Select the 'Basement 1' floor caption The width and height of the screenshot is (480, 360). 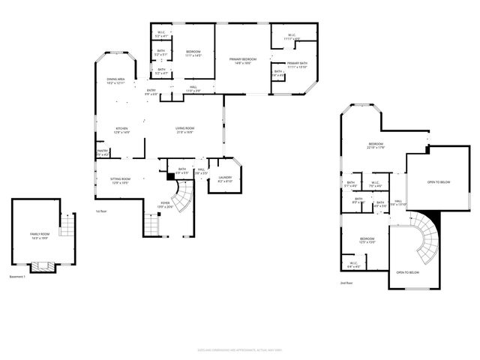pyautogui.click(x=18, y=277)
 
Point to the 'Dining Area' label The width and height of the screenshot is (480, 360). pyautogui.click(x=115, y=81)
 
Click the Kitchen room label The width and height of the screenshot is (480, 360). pyautogui.click(x=121, y=130)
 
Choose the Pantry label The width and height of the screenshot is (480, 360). pyautogui.click(x=103, y=153)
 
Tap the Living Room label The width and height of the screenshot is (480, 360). pyautogui.click(x=186, y=130)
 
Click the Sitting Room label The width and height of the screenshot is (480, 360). pyautogui.click(x=121, y=181)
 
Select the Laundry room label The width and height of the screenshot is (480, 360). pyautogui.click(x=225, y=179)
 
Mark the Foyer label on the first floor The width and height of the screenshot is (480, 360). pyautogui.click(x=166, y=204)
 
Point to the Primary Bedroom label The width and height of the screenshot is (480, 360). pyautogui.click(x=243, y=61)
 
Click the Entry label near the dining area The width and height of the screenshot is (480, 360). pyautogui.click(x=151, y=92)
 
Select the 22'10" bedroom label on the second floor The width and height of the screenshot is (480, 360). pyautogui.click(x=376, y=145)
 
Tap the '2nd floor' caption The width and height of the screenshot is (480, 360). pyautogui.click(x=345, y=283)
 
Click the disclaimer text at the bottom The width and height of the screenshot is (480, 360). pyautogui.click(x=240, y=349)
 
